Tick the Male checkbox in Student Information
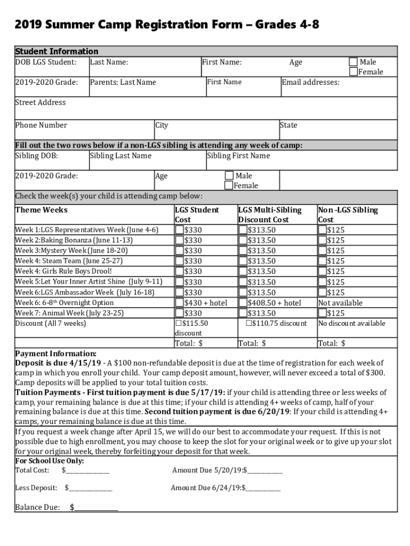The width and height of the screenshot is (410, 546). [x=354, y=62]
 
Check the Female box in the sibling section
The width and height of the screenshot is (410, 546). [x=229, y=186]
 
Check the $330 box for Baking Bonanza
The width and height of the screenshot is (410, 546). [x=180, y=240]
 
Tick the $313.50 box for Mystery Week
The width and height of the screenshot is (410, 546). [x=243, y=251]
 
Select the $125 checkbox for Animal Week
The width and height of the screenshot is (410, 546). [x=323, y=314]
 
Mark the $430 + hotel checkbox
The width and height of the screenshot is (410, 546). [x=180, y=303]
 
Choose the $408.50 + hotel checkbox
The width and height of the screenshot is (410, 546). [x=243, y=303]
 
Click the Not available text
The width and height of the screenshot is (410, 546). [x=340, y=303]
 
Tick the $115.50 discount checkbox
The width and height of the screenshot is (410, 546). [x=178, y=323]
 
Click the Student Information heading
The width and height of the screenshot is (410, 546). [x=56, y=52]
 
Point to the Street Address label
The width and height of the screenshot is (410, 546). [x=40, y=102]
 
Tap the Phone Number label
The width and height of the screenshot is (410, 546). [x=41, y=125]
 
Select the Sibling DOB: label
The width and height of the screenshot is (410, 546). [x=36, y=156]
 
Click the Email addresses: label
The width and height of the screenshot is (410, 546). [x=310, y=82]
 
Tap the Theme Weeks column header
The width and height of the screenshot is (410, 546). [x=41, y=210]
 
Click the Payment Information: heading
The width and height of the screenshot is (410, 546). [x=55, y=354]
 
